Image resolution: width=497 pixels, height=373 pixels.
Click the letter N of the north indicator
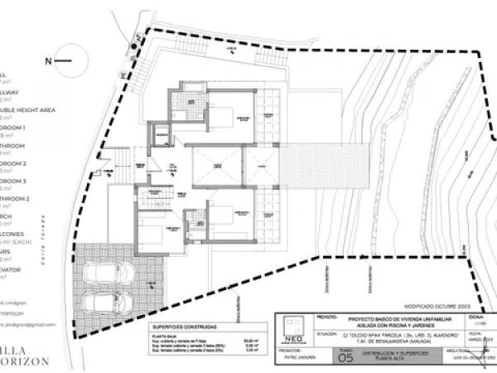click(49, 61)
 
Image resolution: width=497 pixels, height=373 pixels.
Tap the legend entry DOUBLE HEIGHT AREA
click(29, 110)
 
